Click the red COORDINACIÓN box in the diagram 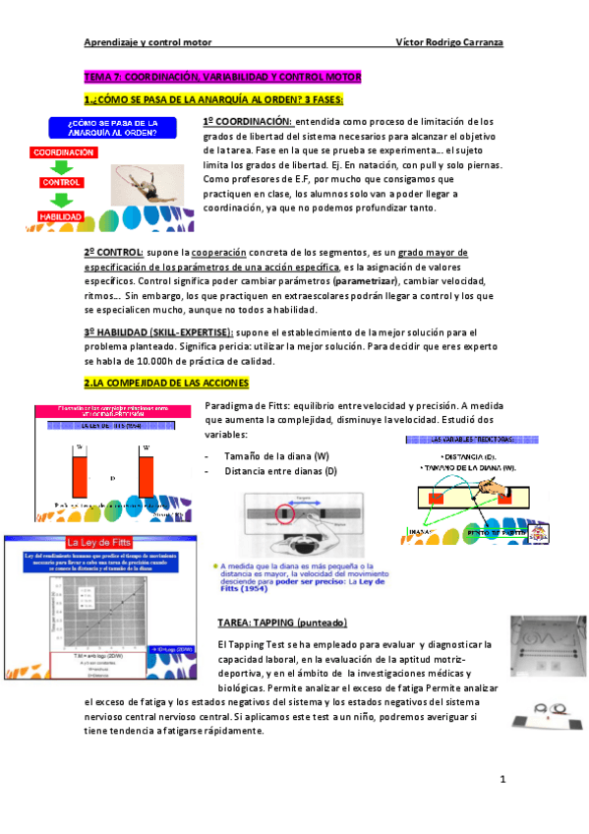pyautogui.click(x=62, y=153)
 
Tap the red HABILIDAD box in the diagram pyautogui.click(x=61, y=215)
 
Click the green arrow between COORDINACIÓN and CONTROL pyautogui.click(x=61, y=168)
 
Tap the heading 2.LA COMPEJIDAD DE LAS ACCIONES pyautogui.click(x=166, y=383)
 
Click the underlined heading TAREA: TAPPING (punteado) pyautogui.click(x=282, y=624)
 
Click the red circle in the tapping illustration pyautogui.click(x=285, y=512)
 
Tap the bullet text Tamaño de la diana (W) pyautogui.click(x=276, y=456)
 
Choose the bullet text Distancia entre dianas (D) pyautogui.click(x=280, y=472)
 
